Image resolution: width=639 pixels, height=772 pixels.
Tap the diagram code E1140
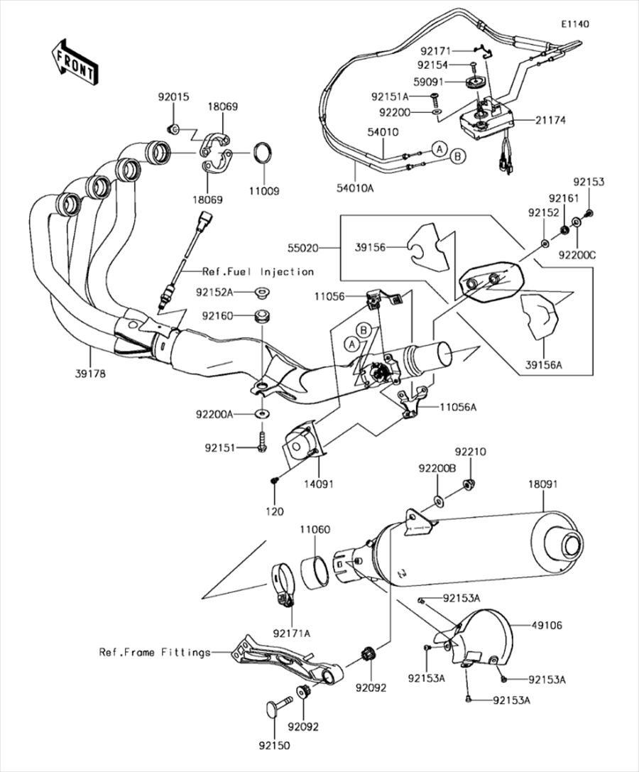(576, 24)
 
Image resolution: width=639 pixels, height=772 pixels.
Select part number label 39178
(91, 373)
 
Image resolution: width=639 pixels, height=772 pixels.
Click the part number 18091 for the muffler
(543, 484)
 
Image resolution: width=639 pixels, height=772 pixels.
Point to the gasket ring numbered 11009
(264, 152)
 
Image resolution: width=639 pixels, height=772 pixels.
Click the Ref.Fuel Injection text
(258, 271)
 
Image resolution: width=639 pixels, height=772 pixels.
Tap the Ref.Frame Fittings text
(155, 653)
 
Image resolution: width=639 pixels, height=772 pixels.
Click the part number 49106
(547, 625)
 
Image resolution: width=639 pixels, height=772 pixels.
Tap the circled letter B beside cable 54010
(457, 156)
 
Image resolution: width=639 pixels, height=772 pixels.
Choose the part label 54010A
(356, 187)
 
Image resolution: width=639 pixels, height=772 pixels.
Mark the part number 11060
(315, 530)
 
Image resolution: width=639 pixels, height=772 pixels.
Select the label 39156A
(543, 365)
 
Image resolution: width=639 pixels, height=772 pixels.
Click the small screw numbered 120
(274, 479)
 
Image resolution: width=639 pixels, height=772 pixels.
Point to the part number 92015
(173, 97)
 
